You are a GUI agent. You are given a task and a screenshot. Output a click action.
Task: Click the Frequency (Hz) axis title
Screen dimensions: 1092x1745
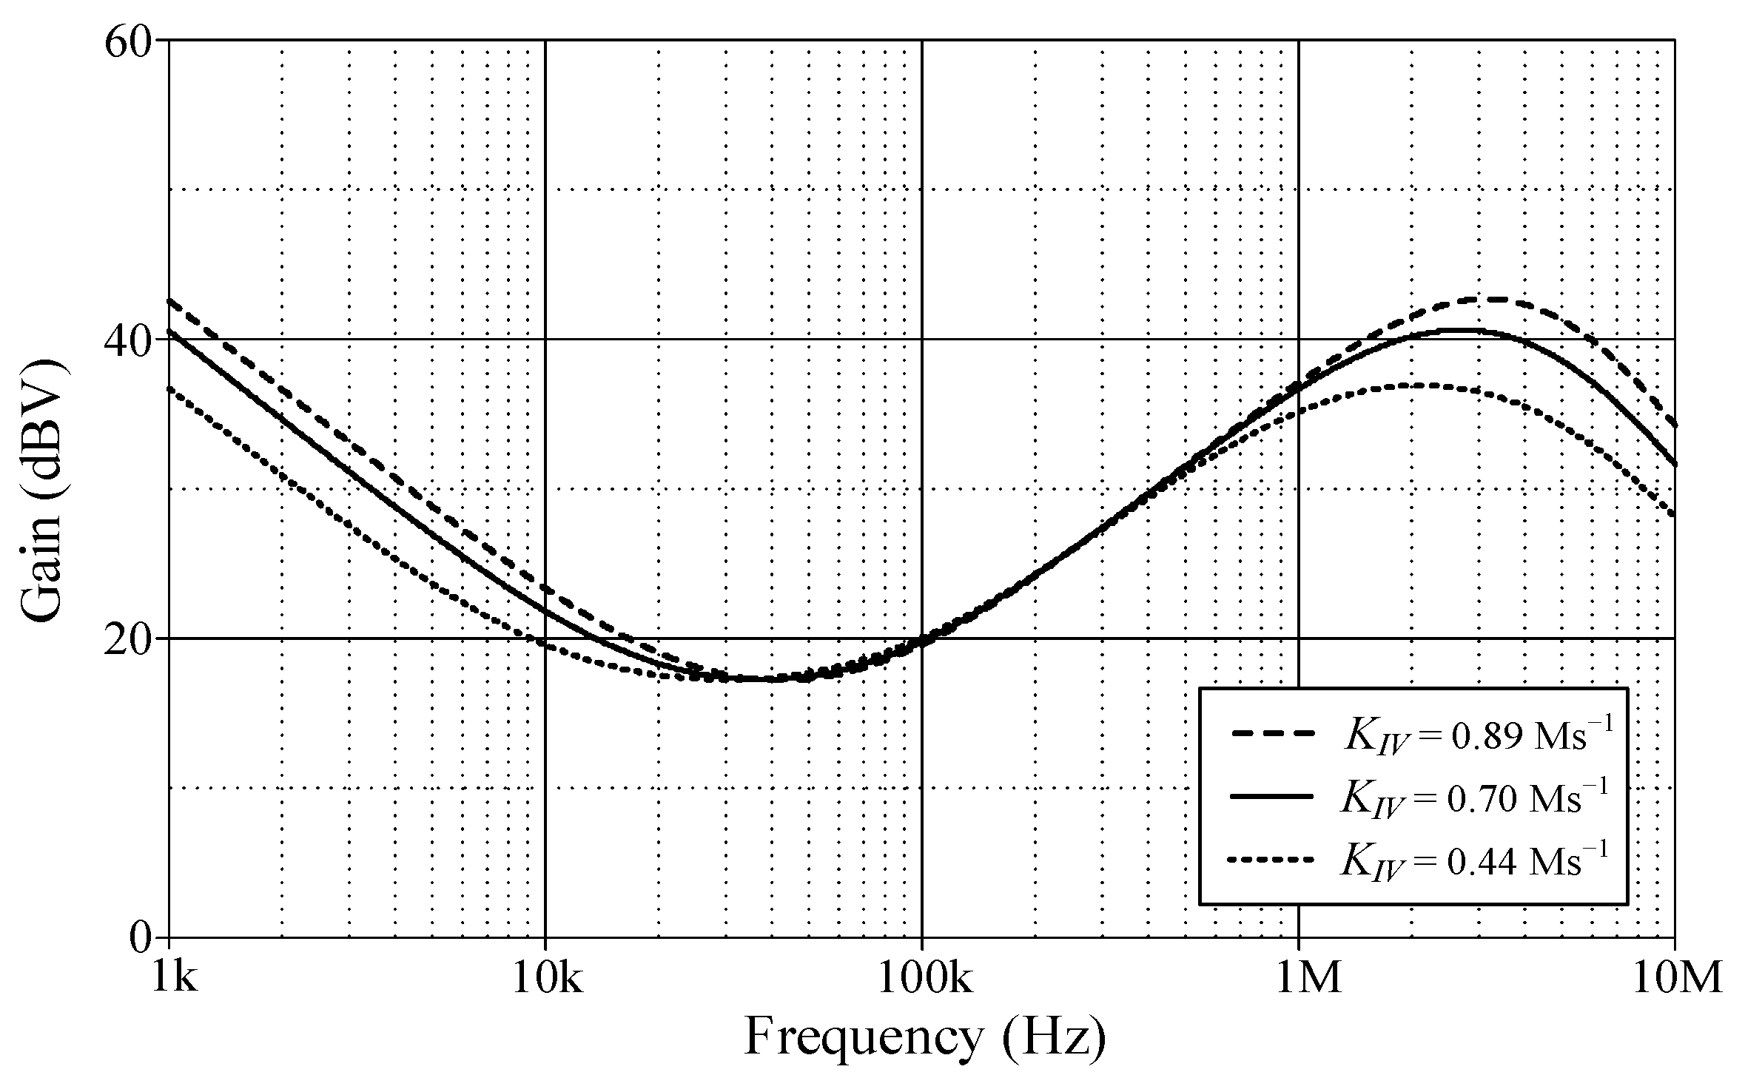pyautogui.click(x=925, y=1037)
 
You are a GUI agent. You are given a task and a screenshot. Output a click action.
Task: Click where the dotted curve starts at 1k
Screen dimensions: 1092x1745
pyautogui.click(x=170, y=388)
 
